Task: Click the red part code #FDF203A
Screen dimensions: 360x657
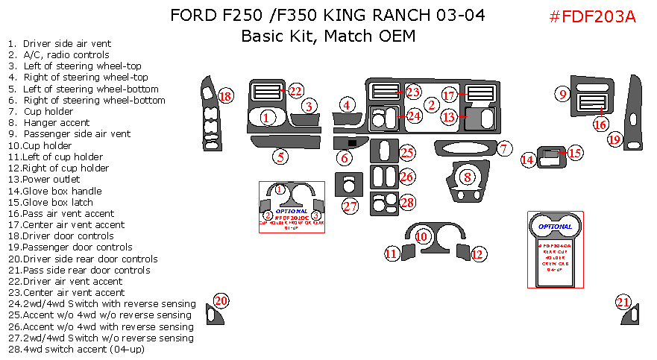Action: coord(592,17)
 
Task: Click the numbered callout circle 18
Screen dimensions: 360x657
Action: coord(225,96)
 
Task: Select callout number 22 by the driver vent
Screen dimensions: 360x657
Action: coord(296,91)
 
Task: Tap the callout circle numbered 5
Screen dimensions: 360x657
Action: coord(280,157)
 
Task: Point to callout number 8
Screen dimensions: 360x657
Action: coord(468,177)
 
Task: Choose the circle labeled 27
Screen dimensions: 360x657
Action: coord(350,206)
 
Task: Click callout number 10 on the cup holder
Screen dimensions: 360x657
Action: coord(422,236)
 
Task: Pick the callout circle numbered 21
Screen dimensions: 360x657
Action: coord(623,302)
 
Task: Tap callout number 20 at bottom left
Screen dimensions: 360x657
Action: coord(221,301)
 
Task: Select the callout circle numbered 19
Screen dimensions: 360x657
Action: coord(614,139)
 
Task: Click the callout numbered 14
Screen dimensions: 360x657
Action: coord(527,160)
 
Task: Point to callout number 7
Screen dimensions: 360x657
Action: coord(505,149)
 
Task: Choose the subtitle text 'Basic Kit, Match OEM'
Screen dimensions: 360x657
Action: coord(327,36)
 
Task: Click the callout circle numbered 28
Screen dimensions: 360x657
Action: coord(407,202)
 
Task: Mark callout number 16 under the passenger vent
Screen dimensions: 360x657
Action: coord(600,124)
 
